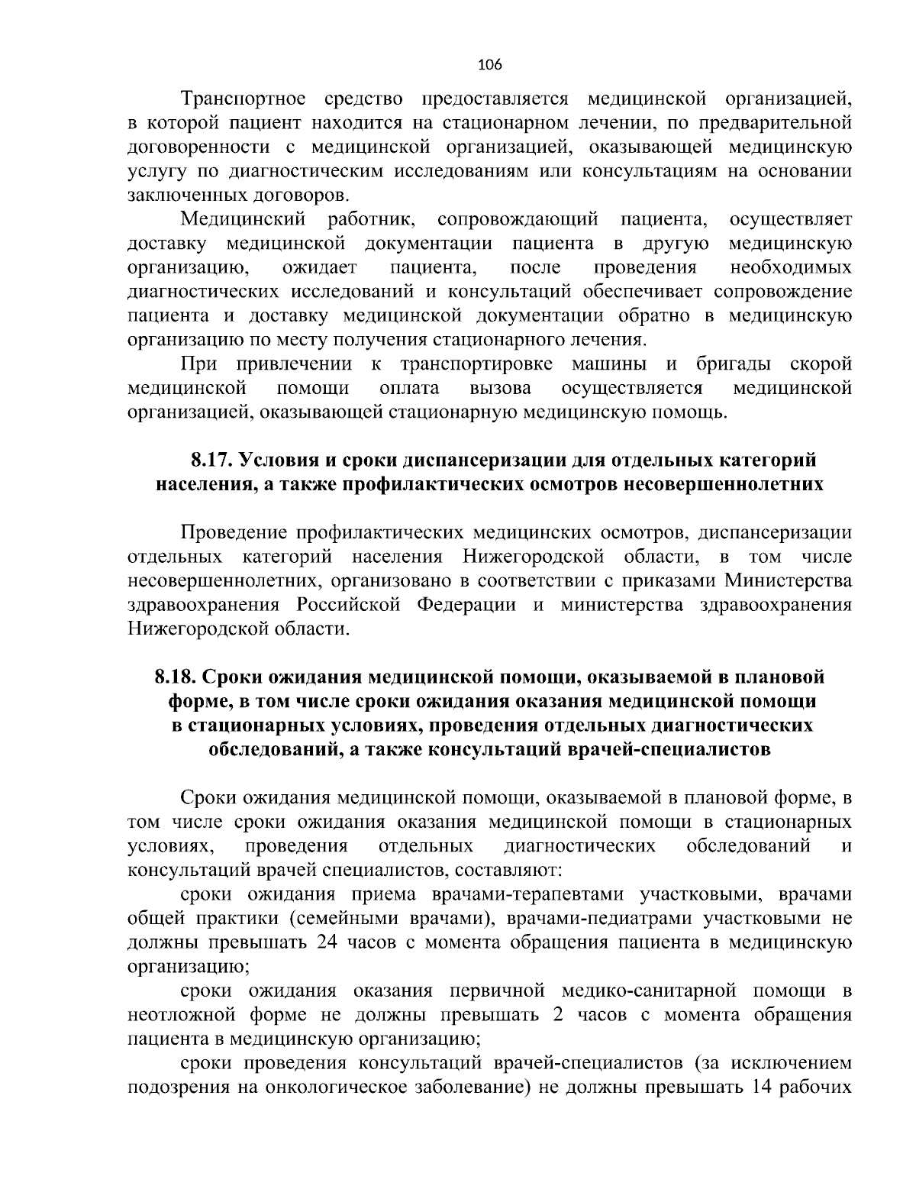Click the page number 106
click(489, 65)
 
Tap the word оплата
click(409, 389)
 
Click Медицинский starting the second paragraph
click(244, 220)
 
